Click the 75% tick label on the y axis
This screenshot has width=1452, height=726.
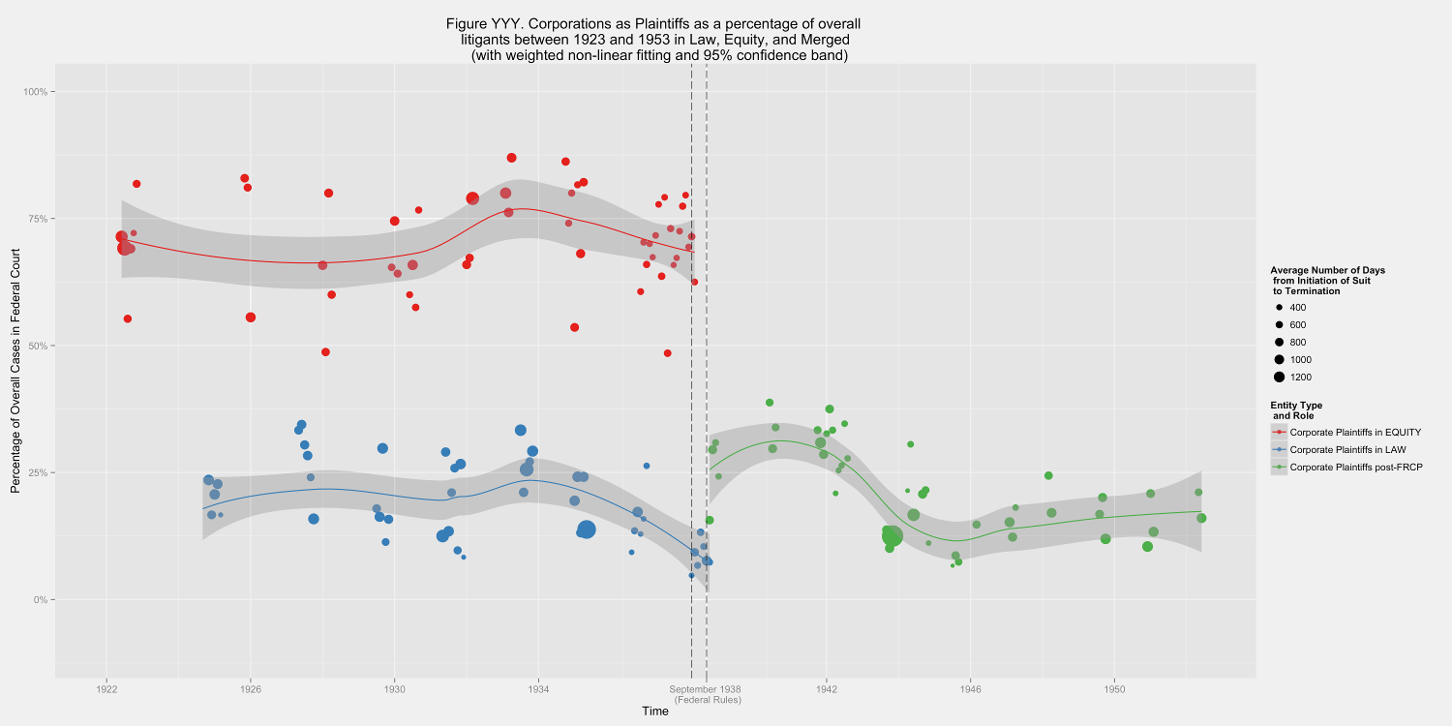(x=36, y=219)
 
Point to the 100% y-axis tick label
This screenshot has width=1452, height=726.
(x=34, y=92)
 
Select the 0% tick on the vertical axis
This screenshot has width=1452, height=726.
(x=40, y=600)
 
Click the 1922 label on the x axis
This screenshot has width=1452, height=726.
(x=106, y=689)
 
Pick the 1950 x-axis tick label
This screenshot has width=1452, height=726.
(x=1113, y=689)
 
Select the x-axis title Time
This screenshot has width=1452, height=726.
(x=655, y=711)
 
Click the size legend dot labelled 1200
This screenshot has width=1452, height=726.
(x=1279, y=378)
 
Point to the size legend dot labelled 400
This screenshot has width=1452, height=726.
(x=1279, y=308)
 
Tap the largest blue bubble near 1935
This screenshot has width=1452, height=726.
(x=587, y=529)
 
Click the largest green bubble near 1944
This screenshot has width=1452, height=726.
(x=892, y=536)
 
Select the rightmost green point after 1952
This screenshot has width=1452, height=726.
(x=1201, y=518)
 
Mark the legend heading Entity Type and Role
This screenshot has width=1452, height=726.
(x=1296, y=409)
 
